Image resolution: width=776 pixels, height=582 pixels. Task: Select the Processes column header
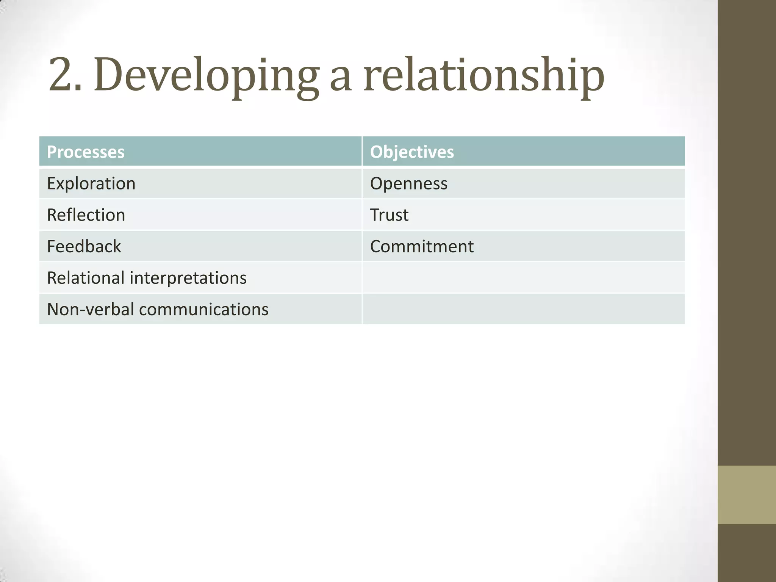pos(86,152)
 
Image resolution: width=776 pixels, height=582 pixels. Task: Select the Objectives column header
pos(412,152)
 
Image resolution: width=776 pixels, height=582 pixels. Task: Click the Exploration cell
pos(91,184)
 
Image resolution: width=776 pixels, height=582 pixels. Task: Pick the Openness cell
pos(409,184)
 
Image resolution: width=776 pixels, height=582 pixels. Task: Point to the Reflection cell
pos(86,215)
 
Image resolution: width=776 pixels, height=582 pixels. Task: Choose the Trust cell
pos(389,215)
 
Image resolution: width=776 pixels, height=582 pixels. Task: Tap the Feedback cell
pos(84,247)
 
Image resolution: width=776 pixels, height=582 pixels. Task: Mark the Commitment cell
pos(422,247)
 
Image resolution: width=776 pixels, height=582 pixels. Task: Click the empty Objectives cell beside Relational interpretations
pos(523,278)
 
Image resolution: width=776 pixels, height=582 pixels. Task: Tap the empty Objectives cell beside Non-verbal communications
pos(523,309)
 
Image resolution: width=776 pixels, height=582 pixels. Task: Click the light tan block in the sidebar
pos(747,494)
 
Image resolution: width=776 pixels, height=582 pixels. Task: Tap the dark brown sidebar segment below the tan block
pos(747,553)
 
